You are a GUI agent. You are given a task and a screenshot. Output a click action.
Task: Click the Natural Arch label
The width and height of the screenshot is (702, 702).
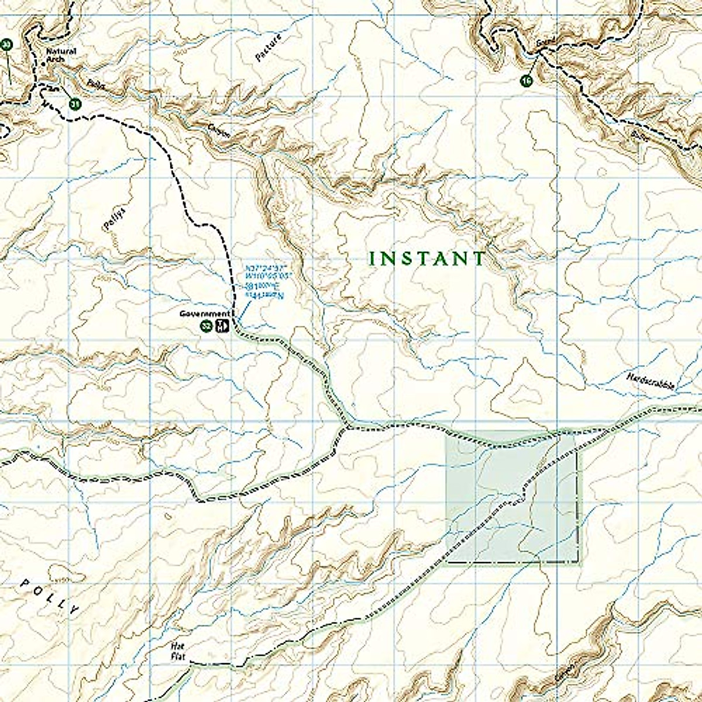(61, 54)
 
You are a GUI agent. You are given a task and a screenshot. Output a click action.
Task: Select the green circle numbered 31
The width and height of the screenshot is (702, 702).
(75, 104)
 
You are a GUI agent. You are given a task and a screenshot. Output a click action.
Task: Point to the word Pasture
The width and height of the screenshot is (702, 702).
(269, 48)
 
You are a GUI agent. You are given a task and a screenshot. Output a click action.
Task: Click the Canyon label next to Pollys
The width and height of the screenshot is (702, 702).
(219, 132)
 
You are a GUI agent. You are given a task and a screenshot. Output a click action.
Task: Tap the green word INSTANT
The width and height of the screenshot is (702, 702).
(428, 259)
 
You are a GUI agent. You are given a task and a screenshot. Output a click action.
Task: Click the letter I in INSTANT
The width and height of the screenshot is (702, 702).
(373, 259)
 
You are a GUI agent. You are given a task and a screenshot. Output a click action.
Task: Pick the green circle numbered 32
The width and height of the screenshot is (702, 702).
(206, 326)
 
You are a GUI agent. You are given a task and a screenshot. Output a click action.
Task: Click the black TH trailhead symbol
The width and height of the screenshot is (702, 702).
(221, 326)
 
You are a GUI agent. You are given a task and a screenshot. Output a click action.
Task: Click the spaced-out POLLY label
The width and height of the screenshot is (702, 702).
(49, 597)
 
